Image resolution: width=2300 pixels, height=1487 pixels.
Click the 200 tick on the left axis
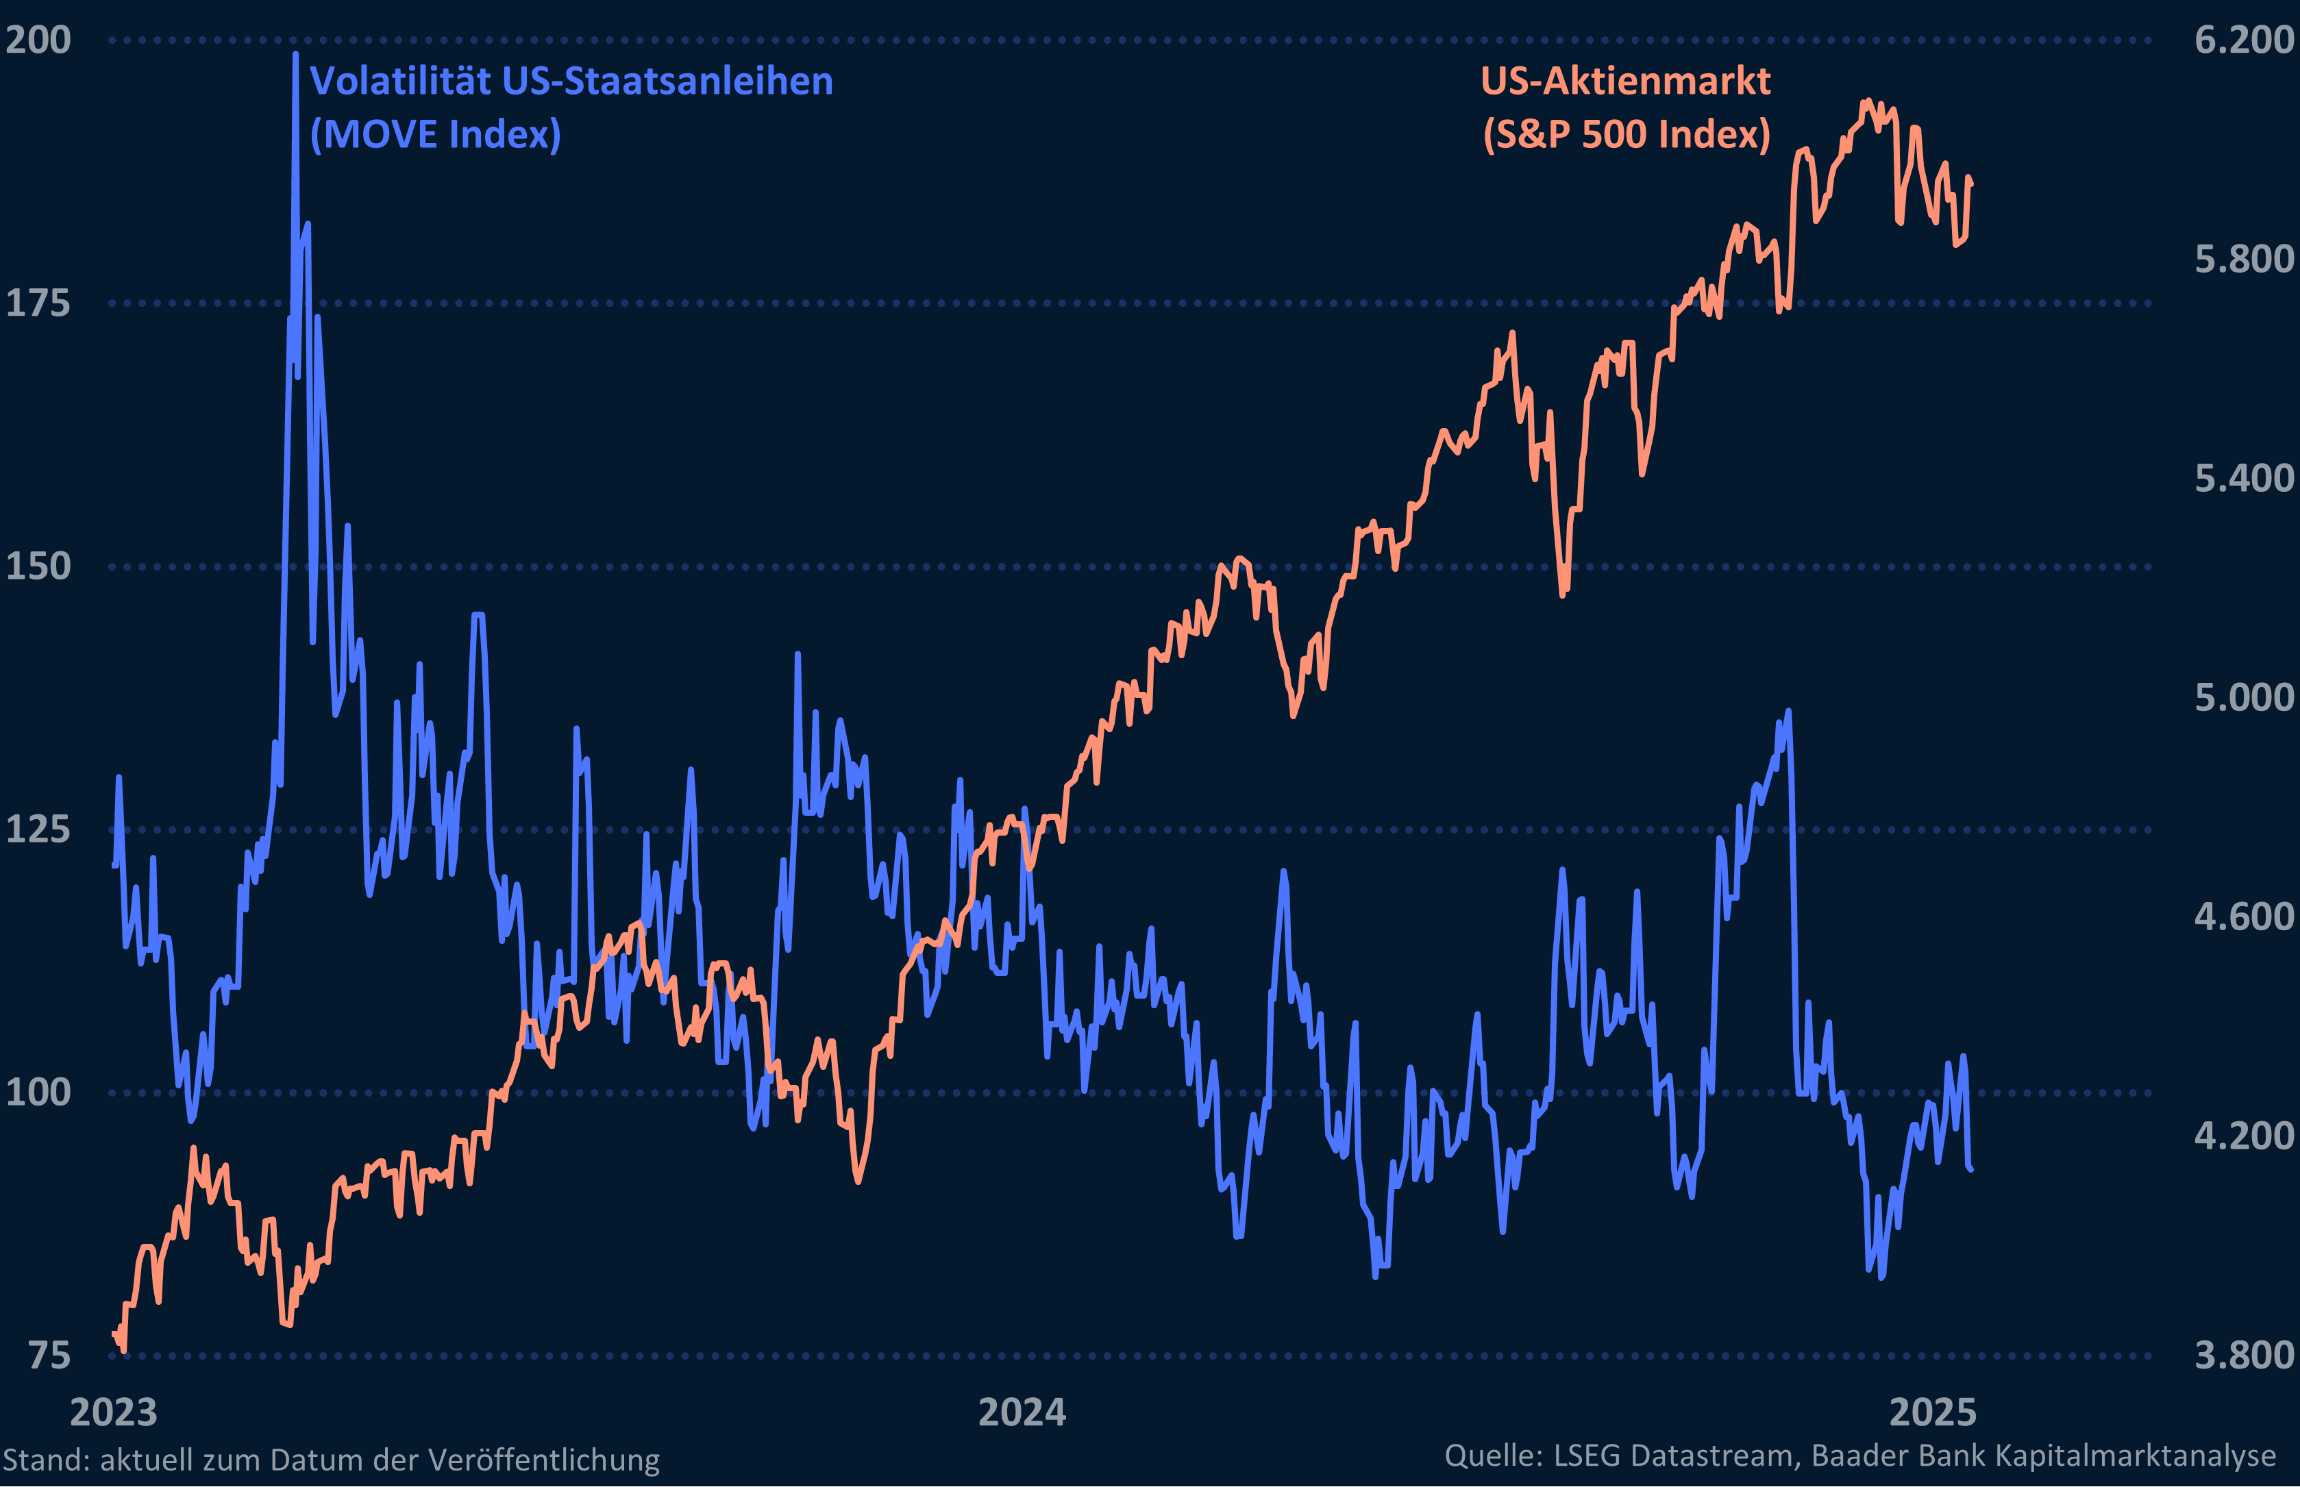click(38, 40)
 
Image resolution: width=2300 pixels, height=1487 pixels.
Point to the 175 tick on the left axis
click(38, 303)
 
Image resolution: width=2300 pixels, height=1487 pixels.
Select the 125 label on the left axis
click(38, 829)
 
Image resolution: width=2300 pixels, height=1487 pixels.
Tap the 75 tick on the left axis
click(48, 1355)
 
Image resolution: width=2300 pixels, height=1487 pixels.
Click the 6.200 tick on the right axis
click(2243, 40)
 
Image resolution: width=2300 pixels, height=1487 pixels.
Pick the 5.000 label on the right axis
click(2243, 697)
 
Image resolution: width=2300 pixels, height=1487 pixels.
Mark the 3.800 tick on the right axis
click(2243, 1355)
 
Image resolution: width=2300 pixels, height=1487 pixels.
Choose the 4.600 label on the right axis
click(2243, 916)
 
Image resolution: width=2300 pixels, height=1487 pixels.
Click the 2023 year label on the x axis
click(113, 1412)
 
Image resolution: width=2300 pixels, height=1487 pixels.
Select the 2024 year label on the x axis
click(1022, 1412)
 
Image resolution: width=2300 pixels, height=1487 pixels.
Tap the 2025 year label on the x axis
click(1932, 1412)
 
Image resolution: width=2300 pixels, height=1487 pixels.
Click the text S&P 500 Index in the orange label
click(1626, 134)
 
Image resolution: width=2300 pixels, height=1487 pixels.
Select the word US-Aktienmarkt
click(1626, 81)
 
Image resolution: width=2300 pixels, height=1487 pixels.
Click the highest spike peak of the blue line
click(295, 54)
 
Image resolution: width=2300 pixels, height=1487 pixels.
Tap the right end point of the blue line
click(1970, 1169)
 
